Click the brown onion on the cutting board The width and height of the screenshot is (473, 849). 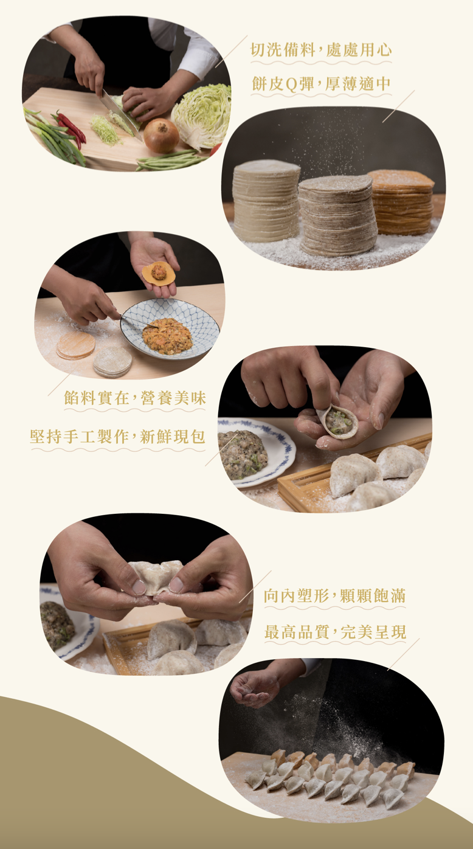tap(161, 135)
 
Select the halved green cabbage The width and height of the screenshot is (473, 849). tap(202, 116)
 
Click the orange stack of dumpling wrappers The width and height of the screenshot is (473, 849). tap(401, 202)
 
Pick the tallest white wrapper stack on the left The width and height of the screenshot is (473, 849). tap(266, 201)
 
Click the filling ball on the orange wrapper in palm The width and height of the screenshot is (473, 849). tap(159, 272)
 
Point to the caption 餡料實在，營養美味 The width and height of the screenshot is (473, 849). tap(135, 398)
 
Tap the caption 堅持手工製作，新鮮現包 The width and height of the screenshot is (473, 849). tap(117, 437)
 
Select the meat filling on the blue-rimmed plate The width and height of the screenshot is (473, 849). tap(242, 454)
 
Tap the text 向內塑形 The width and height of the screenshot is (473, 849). tap(296, 596)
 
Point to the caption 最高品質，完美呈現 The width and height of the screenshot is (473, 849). tap(335, 632)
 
